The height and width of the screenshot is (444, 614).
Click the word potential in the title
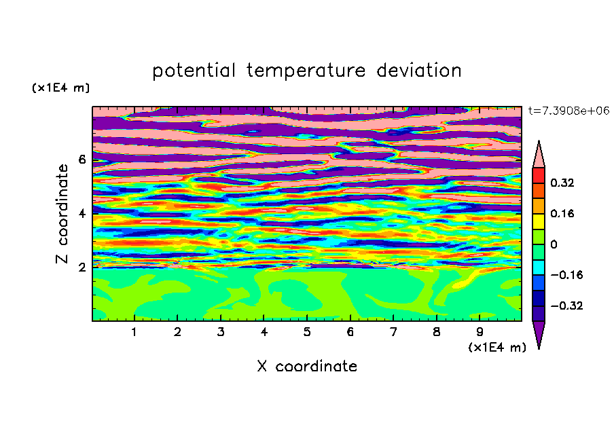point(194,71)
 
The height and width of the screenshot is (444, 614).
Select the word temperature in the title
point(306,71)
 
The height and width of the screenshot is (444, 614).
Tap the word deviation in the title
point(419,71)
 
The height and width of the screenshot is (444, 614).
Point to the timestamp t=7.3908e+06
point(568,111)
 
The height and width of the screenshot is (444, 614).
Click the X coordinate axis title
point(307,366)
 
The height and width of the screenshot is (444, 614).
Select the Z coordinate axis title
point(62,213)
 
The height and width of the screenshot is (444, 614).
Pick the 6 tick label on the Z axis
point(82,160)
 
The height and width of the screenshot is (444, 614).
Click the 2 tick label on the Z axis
point(82,267)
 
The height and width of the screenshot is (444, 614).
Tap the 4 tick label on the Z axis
point(82,213)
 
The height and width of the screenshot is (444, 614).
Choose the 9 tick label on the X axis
point(480,332)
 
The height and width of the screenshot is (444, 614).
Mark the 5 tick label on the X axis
point(307,332)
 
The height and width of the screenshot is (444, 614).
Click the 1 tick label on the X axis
point(134,332)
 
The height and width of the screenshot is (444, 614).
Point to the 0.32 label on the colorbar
point(562,183)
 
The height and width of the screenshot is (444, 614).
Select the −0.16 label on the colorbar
point(566,275)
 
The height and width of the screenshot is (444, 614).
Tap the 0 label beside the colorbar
point(554,244)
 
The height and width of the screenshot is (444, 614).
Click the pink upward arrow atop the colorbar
point(539,154)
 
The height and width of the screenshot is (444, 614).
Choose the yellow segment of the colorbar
point(539,221)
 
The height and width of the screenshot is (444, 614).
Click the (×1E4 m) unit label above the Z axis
point(60,88)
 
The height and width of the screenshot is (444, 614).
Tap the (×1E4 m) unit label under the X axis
point(497,348)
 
